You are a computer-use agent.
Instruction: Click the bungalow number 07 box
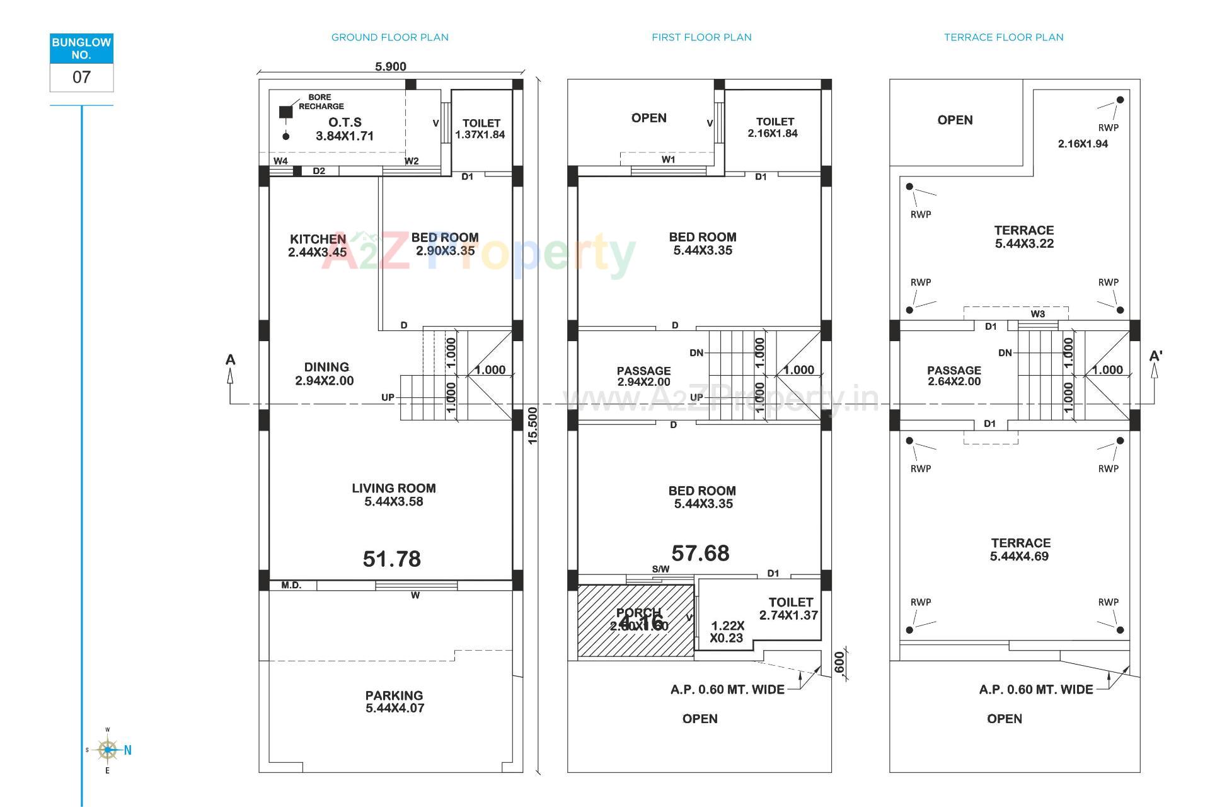tap(81, 77)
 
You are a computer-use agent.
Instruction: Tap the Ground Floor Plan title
tap(389, 37)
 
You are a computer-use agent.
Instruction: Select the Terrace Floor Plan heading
tap(1003, 37)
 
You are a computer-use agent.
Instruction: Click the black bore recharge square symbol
tap(286, 112)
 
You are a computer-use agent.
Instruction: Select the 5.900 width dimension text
tap(391, 67)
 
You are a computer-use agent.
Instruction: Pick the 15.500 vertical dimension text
tap(533, 426)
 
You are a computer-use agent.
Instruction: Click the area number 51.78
tap(391, 559)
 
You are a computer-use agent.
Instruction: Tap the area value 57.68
tap(700, 553)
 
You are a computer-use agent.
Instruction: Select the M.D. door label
tap(291, 585)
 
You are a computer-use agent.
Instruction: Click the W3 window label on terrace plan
tap(1037, 314)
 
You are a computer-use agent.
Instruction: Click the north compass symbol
tap(108, 750)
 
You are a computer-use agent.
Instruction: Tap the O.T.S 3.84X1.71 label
tap(345, 129)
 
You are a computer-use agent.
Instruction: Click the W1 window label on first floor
tap(668, 160)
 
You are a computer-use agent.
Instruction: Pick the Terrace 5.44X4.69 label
tap(1020, 549)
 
